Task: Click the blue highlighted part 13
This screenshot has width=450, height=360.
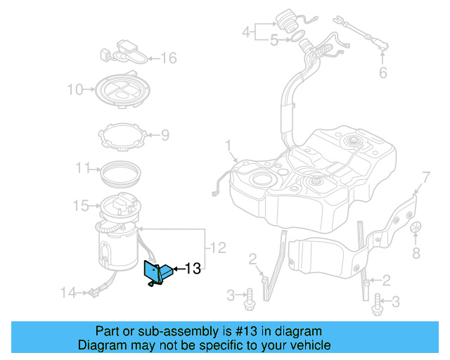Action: coord(155,274)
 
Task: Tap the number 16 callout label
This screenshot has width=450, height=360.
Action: coord(169,58)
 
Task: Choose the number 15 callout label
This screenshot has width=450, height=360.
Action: coord(81,205)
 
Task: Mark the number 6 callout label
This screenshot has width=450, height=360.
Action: coord(383,72)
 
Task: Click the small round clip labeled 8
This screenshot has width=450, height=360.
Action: coord(416,228)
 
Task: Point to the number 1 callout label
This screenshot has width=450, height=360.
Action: coord(228,146)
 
